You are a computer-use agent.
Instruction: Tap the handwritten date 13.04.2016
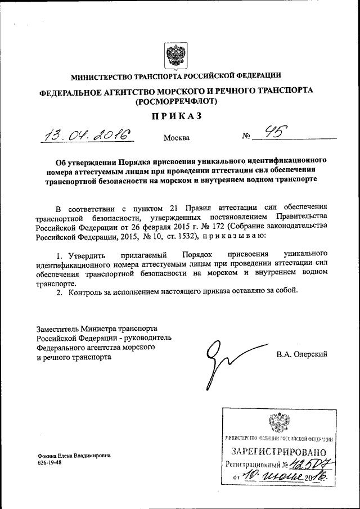click(x=89, y=135)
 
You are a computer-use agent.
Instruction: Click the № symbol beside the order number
click(x=246, y=137)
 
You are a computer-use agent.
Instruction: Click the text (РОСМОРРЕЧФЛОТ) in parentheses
click(x=176, y=102)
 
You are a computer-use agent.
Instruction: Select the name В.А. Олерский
click(x=301, y=354)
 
